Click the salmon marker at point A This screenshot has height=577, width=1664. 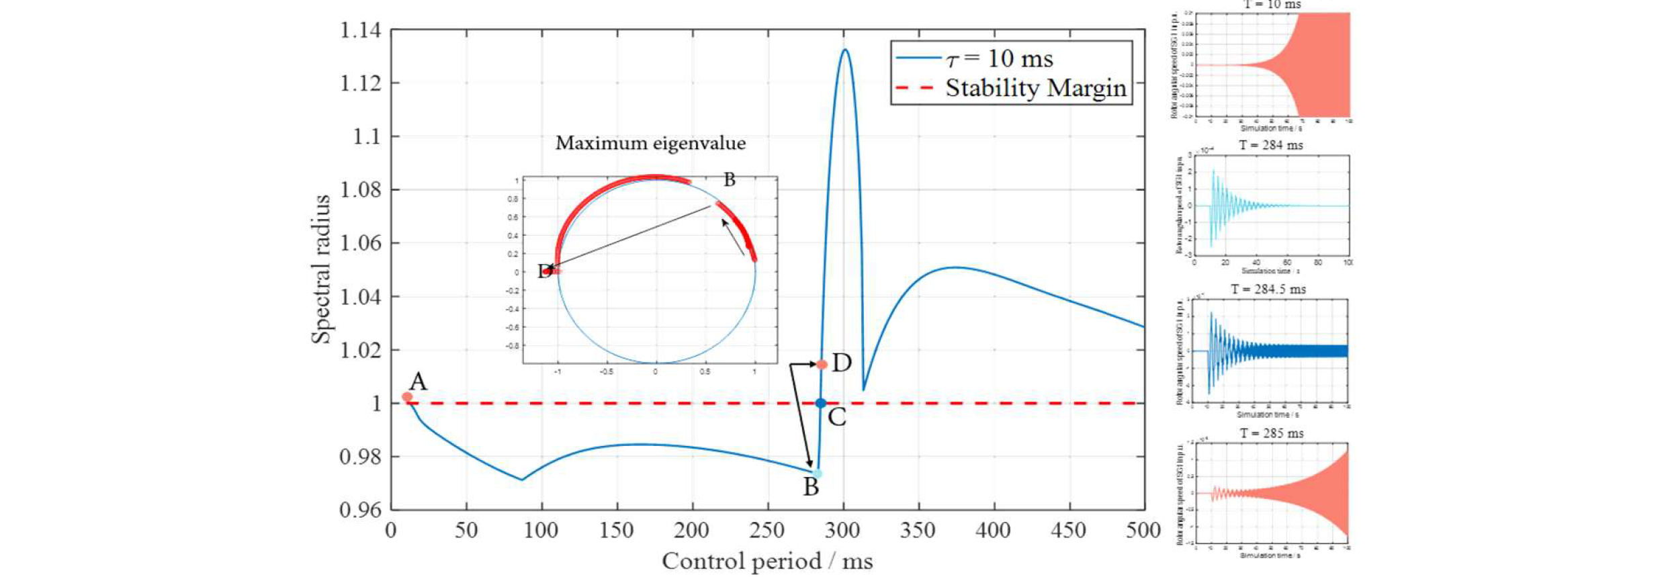point(407,397)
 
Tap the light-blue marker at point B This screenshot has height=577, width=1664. point(818,474)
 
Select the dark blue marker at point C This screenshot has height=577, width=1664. point(821,403)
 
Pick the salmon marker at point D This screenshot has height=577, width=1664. point(822,364)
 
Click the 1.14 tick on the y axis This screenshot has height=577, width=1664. point(360,30)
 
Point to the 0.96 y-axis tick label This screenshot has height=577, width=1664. point(360,510)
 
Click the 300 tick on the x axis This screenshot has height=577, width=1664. point(842,531)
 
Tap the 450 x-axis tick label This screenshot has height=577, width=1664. point(1068,531)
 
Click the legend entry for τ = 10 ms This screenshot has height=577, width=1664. point(1000,59)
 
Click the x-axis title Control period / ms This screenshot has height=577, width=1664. point(767,561)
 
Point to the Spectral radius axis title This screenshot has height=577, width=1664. point(321,269)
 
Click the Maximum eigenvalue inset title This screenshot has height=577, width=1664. point(650,143)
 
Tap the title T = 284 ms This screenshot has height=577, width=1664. point(1270,145)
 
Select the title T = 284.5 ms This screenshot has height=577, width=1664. point(1268,290)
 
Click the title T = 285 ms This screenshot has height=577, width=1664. point(1271,433)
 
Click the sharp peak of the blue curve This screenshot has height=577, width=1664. point(844,50)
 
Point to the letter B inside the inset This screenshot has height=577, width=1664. point(730,180)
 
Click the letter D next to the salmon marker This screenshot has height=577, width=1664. point(842,363)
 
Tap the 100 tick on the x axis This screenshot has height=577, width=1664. point(541,531)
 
